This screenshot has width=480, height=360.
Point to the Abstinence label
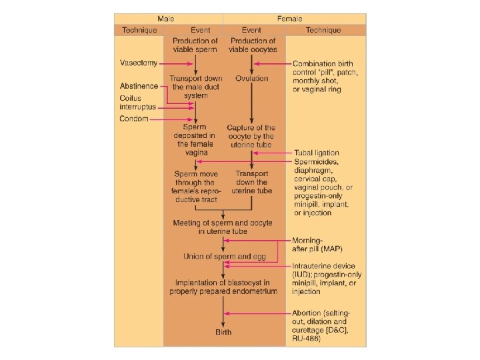(x=139, y=86)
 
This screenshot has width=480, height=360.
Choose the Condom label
(x=134, y=119)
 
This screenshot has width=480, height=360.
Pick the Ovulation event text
(x=251, y=79)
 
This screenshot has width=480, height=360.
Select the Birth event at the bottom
(x=223, y=331)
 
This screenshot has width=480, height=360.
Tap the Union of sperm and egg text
(x=223, y=256)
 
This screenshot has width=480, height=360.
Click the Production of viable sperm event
(x=195, y=45)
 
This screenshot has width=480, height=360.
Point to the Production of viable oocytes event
(x=252, y=45)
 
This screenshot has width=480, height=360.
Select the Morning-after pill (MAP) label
(x=317, y=244)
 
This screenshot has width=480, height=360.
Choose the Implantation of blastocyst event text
(x=223, y=286)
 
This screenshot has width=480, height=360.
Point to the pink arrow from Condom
(x=172, y=119)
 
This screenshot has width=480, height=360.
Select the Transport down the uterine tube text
(x=251, y=182)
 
